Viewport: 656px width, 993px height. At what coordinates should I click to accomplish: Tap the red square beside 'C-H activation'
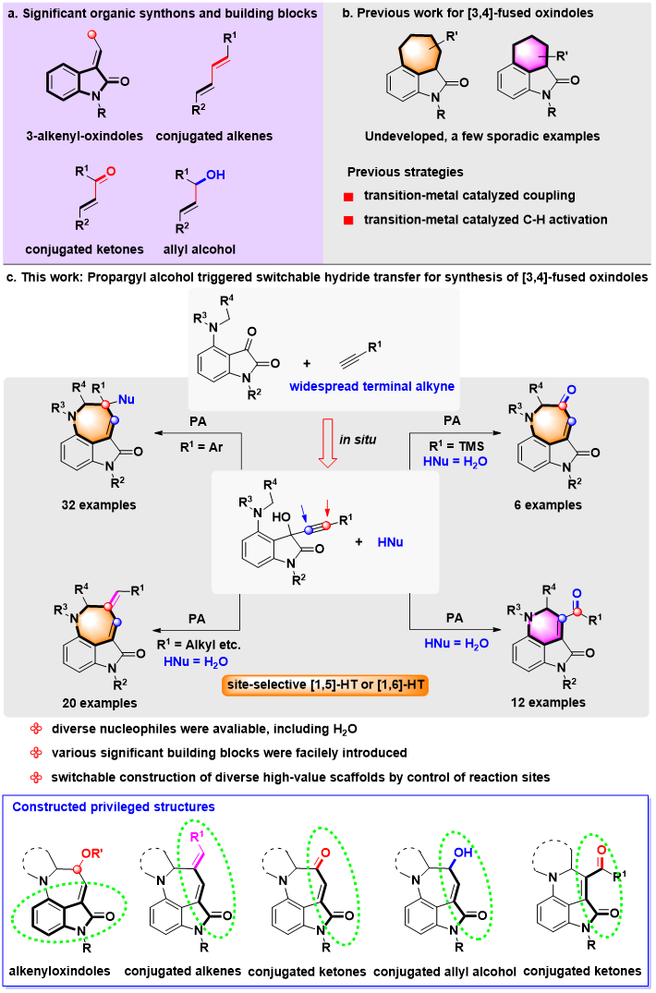click(349, 221)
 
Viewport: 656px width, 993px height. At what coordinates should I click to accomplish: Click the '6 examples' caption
click(549, 505)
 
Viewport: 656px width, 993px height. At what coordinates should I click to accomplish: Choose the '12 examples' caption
click(549, 703)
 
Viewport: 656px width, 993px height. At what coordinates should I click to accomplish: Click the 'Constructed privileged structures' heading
click(114, 807)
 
